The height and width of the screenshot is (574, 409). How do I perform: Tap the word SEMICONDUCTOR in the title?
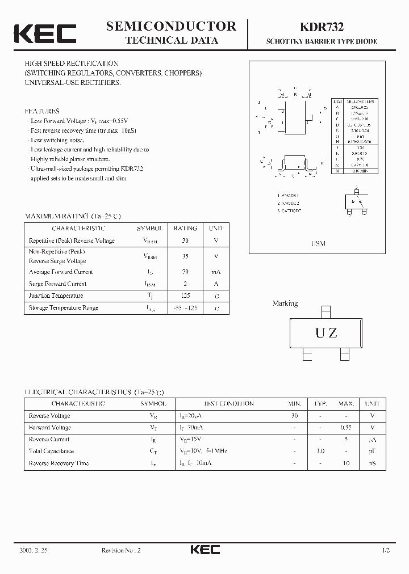pyautogui.click(x=171, y=26)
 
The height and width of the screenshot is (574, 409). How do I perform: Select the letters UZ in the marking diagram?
pyautogui.click(x=326, y=333)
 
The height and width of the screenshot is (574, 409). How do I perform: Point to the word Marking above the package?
pyautogui.click(x=285, y=303)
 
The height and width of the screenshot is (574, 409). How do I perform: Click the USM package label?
pyautogui.click(x=318, y=243)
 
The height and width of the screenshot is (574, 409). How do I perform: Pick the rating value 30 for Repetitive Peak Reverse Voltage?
pyautogui.click(x=185, y=240)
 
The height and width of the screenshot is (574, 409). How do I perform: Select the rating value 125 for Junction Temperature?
pyautogui.click(x=185, y=296)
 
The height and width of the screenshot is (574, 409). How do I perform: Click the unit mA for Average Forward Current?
pyautogui.click(x=215, y=272)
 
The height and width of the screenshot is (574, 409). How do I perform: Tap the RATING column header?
pyautogui.click(x=185, y=228)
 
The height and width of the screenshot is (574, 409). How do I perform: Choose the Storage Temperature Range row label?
pyautogui.click(x=64, y=307)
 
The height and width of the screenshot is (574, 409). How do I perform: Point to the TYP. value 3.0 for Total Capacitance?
pyautogui.click(x=320, y=451)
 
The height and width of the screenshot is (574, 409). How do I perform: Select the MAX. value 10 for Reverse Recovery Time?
pyautogui.click(x=347, y=463)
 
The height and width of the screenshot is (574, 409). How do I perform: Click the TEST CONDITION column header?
pyautogui.click(x=229, y=403)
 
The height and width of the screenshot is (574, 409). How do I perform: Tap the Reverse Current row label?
pyautogui.click(x=49, y=439)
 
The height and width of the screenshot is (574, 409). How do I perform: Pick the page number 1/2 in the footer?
pyautogui.click(x=386, y=550)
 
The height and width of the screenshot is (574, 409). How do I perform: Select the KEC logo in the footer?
pyautogui.click(x=204, y=550)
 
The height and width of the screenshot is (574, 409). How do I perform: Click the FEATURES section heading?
pyautogui.click(x=42, y=111)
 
